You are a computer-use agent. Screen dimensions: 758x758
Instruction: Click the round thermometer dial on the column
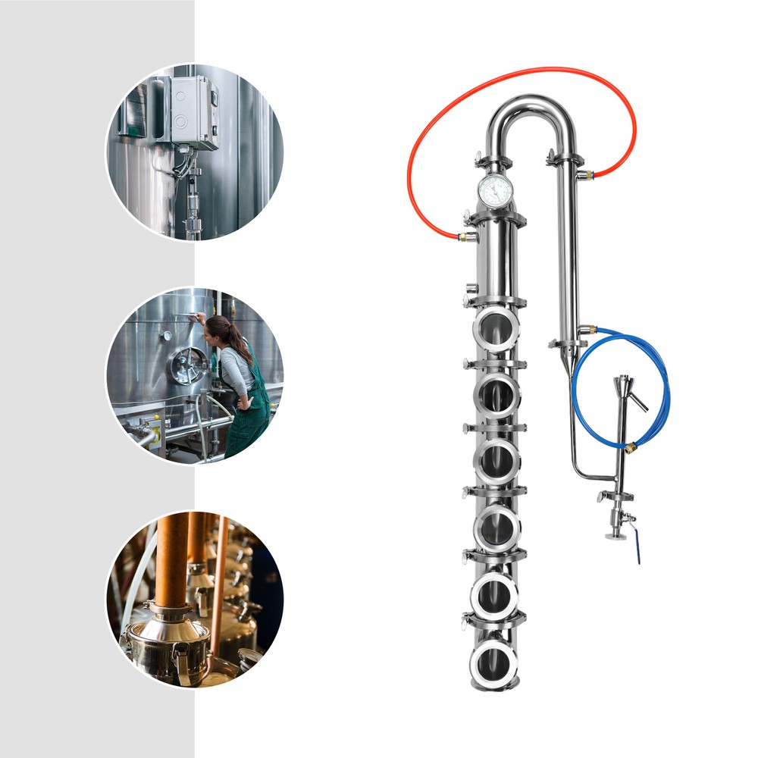[x=496, y=190]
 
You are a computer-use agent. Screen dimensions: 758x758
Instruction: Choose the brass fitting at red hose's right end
[x=584, y=175]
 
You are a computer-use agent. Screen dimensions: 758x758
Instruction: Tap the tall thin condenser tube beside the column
[x=567, y=250]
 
